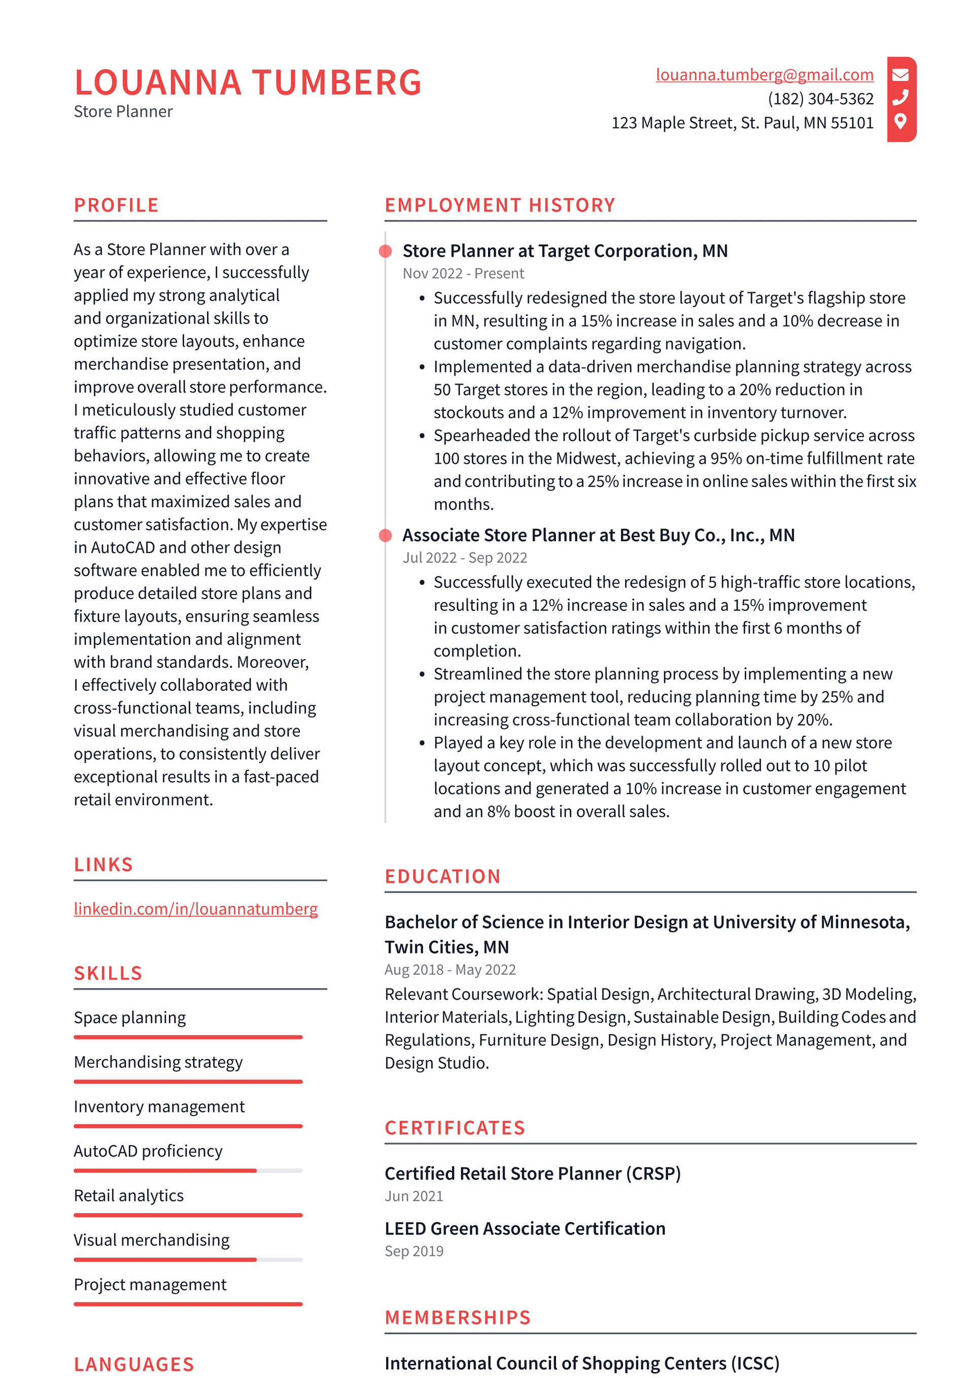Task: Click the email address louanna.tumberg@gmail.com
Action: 764,75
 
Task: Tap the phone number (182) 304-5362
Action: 820,99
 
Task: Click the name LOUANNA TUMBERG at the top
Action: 248,82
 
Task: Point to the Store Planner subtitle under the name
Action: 123,112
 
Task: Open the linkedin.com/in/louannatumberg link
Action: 195,909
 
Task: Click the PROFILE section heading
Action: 116,205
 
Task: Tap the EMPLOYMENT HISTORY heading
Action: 500,205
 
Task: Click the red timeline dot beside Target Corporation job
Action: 386,251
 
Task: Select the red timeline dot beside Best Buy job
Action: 386,535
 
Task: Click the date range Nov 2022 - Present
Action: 463,274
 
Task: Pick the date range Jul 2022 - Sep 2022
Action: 465,557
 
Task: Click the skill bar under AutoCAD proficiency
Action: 188,1170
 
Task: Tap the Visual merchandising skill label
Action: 151,1240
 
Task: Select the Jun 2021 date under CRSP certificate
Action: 414,1196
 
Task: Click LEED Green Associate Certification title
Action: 525,1229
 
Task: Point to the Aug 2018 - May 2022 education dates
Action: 450,969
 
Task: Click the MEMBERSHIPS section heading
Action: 458,1318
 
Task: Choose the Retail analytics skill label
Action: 128,1196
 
